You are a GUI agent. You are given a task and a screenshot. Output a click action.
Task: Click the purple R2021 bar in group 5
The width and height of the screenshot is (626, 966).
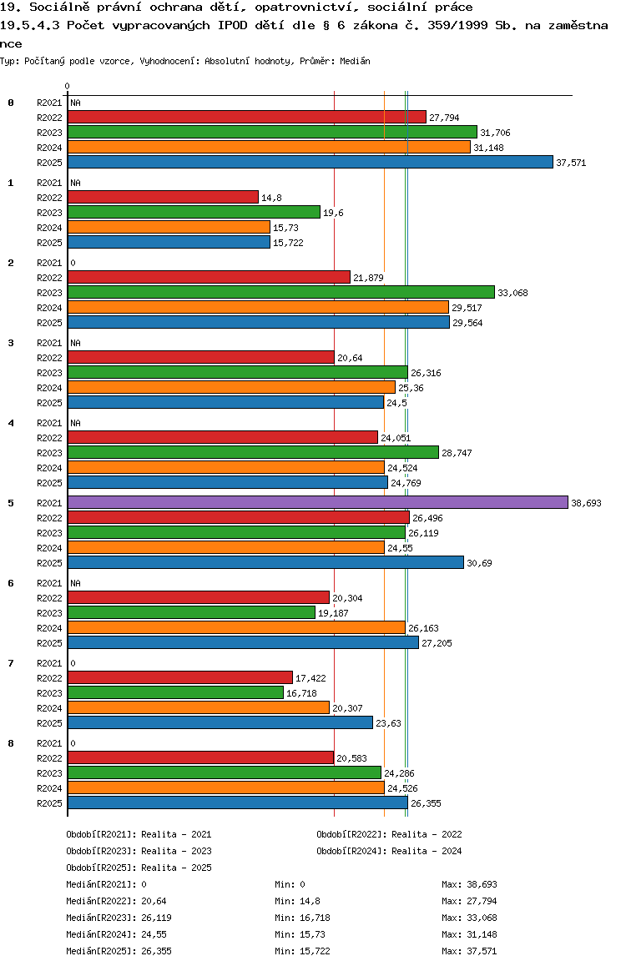tap(317, 502)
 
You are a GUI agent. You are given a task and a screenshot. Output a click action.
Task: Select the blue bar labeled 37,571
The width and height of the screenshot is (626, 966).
tap(310, 162)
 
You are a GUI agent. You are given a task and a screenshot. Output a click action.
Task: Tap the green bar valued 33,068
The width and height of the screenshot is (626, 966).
tap(281, 292)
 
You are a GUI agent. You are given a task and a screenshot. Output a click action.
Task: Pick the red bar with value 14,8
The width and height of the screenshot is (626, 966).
tap(163, 197)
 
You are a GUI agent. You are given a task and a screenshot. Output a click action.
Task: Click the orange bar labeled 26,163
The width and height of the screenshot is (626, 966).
tap(236, 627)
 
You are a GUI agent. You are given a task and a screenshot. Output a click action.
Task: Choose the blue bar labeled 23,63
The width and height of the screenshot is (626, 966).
tap(220, 722)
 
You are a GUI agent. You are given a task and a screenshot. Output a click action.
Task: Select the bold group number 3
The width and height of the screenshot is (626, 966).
tap(11, 343)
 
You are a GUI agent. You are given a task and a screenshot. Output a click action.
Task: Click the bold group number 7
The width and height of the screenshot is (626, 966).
tap(11, 663)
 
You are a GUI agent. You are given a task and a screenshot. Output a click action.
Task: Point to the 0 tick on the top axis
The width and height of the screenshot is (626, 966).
tap(67, 86)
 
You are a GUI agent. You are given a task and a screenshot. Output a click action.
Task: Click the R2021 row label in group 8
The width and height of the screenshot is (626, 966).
tap(50, 743)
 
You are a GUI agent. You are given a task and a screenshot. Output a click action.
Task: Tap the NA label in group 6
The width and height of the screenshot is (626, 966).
tap(75, 583)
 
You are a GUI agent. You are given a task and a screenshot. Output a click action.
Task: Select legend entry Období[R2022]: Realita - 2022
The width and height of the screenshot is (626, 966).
tap(389, 834)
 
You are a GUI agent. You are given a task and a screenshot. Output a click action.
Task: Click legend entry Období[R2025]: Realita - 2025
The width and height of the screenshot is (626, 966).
tap(139, 868)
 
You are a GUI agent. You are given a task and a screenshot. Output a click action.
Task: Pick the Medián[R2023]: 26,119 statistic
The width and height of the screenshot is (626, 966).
tap(119, 918)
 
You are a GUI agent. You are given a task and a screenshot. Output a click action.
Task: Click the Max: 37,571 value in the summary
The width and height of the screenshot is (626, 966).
tap(469, 951)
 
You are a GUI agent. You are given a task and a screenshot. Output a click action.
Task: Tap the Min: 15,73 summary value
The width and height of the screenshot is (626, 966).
tap(298, 934)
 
